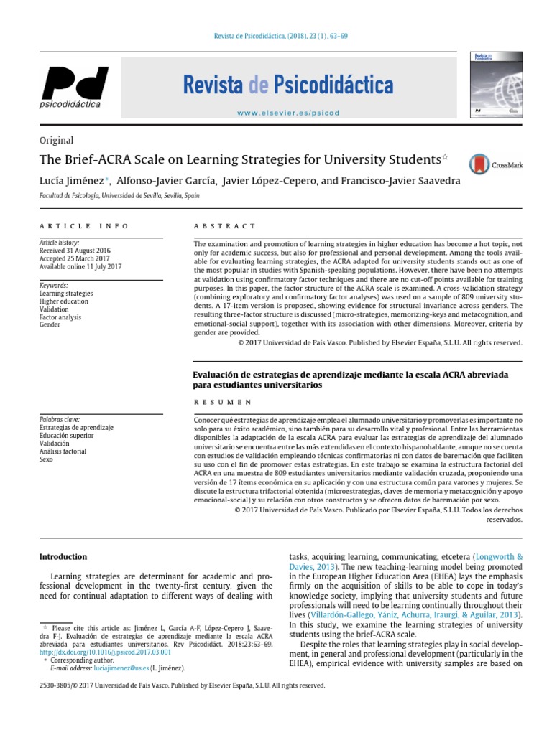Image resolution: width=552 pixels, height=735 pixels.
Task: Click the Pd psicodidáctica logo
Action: tap(73, 87)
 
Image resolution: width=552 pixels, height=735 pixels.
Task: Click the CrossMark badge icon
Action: tap(496, 164)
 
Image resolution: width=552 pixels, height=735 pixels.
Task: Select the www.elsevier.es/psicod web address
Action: tap(287, 113)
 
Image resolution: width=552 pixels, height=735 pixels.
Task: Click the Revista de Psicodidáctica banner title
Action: tap(288, 86)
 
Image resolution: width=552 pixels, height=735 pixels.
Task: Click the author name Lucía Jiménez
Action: tap(70, 181)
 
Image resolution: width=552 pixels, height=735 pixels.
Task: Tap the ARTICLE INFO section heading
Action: tap(84, 226)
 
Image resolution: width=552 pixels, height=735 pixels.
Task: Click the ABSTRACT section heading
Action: tap(224, 226)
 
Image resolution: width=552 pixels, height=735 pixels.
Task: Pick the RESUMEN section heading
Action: tap(223, 403)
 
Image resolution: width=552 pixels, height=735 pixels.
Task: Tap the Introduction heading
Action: tap(63, 556)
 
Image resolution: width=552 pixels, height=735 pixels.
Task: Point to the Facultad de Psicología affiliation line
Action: tap(119, 195)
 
